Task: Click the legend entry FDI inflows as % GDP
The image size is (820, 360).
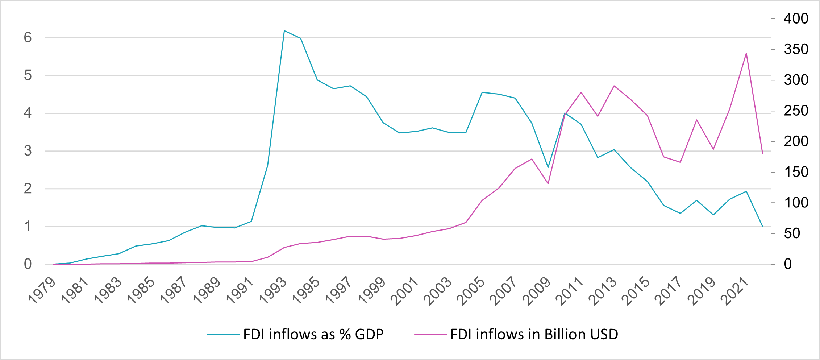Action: coord(313,334)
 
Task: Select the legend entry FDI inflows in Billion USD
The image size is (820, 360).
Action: coord(534,334)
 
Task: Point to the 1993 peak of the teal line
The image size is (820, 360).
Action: coord(284,31)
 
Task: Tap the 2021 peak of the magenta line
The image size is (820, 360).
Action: coord(746,53)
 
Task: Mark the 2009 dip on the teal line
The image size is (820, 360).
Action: coord(548,167)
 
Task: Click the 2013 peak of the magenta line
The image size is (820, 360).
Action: coord(614,86)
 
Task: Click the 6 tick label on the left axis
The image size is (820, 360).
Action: coord(28,37)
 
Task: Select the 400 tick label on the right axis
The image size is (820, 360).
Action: coord(796,18)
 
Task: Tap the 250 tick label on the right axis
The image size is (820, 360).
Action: coord(796,111)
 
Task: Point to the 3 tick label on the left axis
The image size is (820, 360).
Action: coord(28,151)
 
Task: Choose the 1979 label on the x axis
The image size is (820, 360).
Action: coord(43,291)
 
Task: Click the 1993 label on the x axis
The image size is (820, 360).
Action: coord(274,291)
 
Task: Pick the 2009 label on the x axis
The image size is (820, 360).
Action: coord(538,291)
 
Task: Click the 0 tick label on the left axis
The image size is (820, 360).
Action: coord(28,264)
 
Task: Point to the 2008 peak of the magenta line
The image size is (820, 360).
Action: coord(532,159)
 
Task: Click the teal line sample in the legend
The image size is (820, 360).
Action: coord(223,334)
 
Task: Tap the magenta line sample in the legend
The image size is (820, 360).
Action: coord(430,334)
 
